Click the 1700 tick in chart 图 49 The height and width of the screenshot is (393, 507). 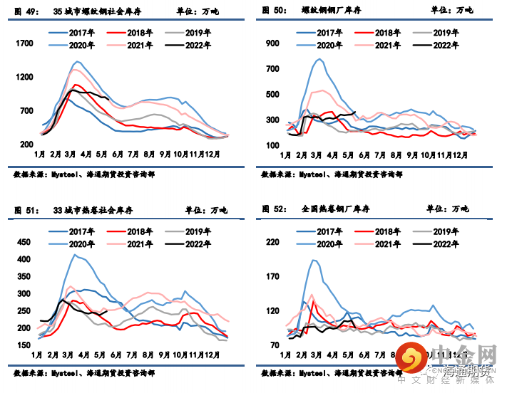coord(25,43)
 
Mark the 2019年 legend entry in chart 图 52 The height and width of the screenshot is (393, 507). coord(444,231)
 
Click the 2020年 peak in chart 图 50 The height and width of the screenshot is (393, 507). coord(319,59)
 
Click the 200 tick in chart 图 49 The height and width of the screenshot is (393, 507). coord(27,145)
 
